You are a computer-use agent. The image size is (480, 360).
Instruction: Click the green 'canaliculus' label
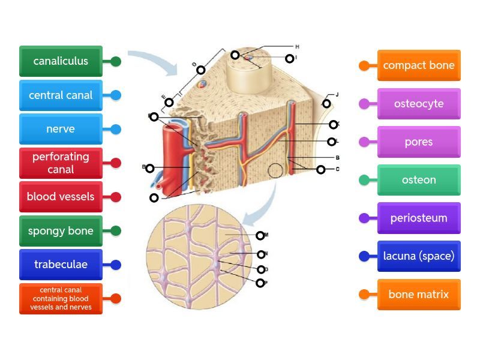tap(61, 61)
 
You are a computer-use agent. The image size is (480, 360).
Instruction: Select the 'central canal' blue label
tap(61, 95)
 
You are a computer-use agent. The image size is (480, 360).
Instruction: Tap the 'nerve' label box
tap(61, 129)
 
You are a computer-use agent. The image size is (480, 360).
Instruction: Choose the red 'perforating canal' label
tap(61, 163)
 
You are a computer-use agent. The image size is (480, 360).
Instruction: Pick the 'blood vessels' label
tap(61, 197)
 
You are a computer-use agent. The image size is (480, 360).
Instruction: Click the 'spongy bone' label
tap(61, 231)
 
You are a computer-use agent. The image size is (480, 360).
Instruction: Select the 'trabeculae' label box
tap(61, 265)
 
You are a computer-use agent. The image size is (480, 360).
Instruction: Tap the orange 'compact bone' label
tap(419, 65)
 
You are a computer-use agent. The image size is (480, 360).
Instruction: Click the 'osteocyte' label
tap(419, 104)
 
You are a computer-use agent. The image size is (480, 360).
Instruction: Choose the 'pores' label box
tap(419, 142)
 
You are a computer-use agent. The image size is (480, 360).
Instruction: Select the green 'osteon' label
tap(419, 180)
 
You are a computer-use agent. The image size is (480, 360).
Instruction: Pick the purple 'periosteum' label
tap(419, 218)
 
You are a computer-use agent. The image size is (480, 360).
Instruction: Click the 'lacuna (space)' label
tap(419, 256)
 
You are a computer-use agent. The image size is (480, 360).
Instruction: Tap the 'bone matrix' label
tap(419, 295)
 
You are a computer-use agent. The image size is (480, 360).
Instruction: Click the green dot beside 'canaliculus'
tap(116, 61)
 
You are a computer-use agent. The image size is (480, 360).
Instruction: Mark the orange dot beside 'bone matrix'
tap(364, 295)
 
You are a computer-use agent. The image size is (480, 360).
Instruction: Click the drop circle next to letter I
tap(290, 58)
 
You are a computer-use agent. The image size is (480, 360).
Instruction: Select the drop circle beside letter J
tap(326, 104)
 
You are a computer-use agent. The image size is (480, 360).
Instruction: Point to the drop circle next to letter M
tap(260, 236)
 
